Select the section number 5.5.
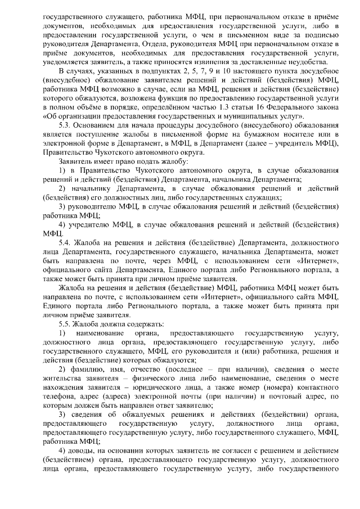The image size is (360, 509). click(67, 324)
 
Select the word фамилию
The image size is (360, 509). click(89, 370)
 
